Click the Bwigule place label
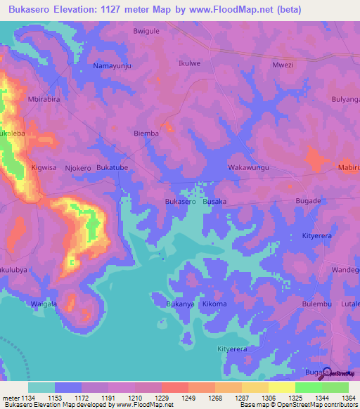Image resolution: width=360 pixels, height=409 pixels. click(147, 32)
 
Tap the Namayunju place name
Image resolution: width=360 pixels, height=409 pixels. click(112, 65)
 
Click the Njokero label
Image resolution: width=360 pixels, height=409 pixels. click(78, 168)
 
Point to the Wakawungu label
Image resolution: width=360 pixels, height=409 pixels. click(249, 168)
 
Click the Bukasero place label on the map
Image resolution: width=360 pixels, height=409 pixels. click(180, 202)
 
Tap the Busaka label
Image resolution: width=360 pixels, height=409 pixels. click(214, 202)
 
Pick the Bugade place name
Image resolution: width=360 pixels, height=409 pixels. click(308, 201)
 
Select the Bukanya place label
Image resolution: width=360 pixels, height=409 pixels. click(179, 304)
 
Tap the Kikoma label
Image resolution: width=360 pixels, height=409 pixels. click(214, 304)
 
